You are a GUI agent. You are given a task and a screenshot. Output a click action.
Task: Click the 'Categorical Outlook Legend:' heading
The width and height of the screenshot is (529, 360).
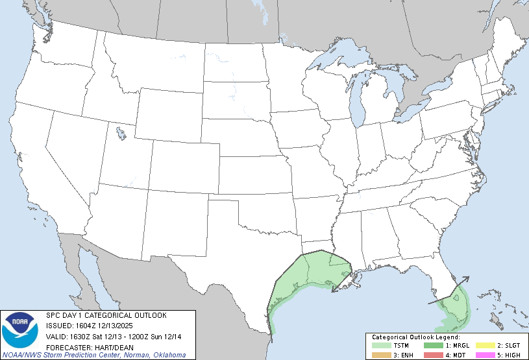[416, 337]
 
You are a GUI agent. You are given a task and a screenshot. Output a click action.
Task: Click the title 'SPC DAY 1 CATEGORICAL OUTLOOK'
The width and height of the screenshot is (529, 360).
[106, 315]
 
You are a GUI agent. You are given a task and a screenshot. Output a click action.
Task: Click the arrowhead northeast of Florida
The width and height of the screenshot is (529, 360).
[467, 280]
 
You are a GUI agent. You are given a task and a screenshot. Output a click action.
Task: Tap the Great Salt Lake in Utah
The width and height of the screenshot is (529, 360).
[121, 134]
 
